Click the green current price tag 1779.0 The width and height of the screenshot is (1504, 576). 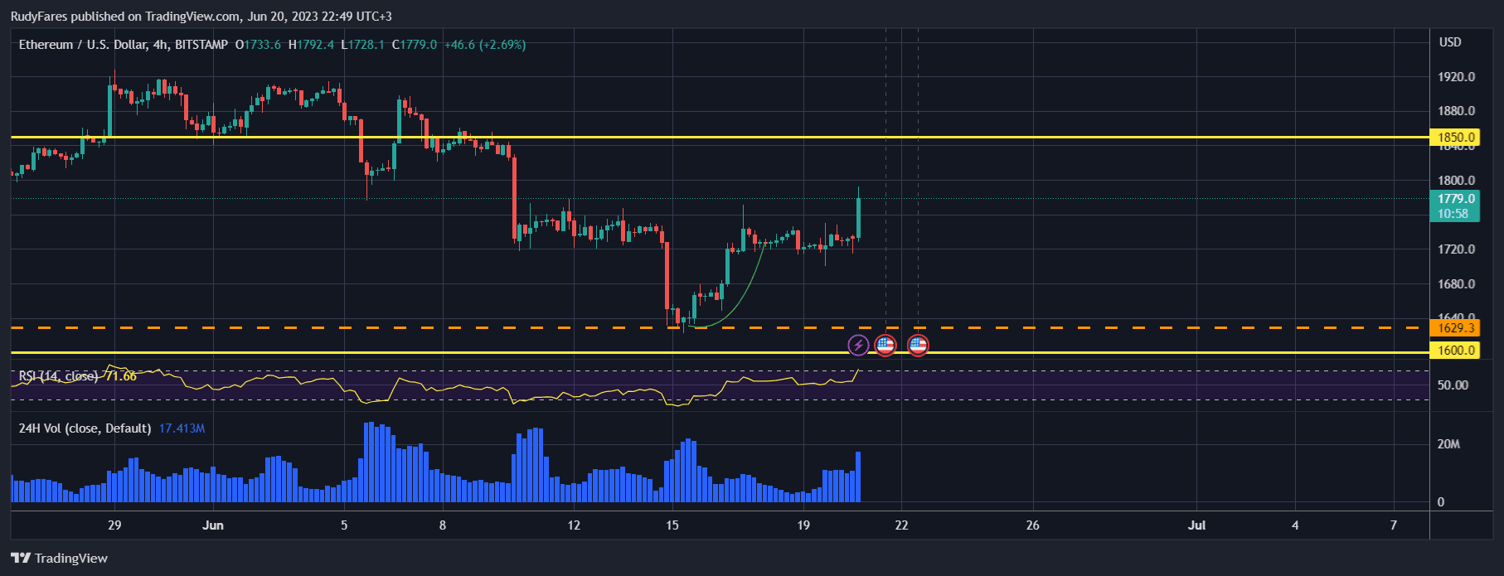coord(1456,199)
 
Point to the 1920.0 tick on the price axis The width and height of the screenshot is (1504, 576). coord(1456,77)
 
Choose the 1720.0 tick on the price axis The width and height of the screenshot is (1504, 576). coord(1456,249)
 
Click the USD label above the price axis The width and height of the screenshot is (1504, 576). coord(1450,42)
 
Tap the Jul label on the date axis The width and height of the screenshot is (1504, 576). coord(1196,525)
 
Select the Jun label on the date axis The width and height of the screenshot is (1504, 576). coord(213,525)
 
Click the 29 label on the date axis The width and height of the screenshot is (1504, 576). coord(114,525)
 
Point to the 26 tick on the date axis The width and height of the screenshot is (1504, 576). coord(1032,525)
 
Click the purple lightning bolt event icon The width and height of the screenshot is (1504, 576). coord(858,345)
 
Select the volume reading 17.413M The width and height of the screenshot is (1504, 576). coord(182,428)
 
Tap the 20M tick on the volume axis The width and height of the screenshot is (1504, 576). coord(1448,444)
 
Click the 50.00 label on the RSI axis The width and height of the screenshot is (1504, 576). coord(1453,385)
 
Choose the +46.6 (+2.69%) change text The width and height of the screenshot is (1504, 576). coord(485,45)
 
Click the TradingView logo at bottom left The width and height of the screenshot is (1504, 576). coord(60,558)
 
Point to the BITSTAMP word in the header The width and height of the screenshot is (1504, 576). coord(201,45)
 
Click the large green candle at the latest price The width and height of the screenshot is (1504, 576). coord(858,218)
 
